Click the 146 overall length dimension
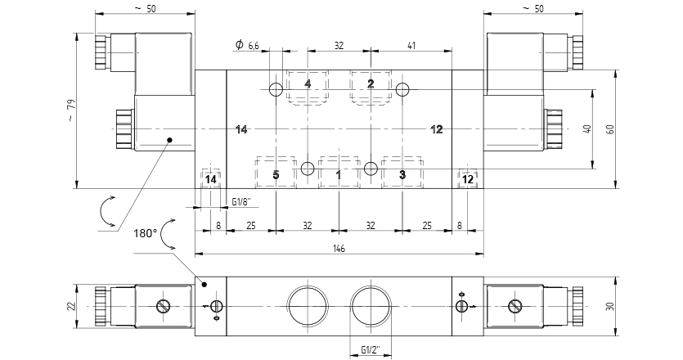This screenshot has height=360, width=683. pyautogui.click(x=339, y=249)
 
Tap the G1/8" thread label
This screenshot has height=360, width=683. pyautogui.click(x=241, y=202)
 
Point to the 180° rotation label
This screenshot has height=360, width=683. pyautogui.click(x=145, y=234)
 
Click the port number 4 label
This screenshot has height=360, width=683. pyautogui.click(x=308, y=83)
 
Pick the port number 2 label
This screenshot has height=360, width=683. pyautogui.click(x=371, y=83)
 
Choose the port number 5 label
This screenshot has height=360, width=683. pyautogui.click(x=276, y=175)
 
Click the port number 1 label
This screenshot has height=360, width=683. pyautogui.click(x=339, y=175)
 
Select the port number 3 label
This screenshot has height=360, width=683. pyautogui.click(x=402, y=175)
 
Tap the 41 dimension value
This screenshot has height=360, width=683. pyautogui.click(x=411, y=45)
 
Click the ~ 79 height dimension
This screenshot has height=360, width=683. pyautogui.click(x=72, y=110)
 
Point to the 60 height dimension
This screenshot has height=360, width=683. pyautogui.click(x=611, y=129)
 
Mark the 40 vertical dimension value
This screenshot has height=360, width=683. pyautogui.click(x=588, y=129)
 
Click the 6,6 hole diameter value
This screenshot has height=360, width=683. pyautogui.click(x=254, y=45)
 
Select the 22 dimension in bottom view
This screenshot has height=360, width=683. pyautogui.click(x=72, y=306)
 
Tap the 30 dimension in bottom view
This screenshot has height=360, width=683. pyautogui.click(x=611, y=306)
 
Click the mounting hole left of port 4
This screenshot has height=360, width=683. pyautogui.click(x=276, y=90)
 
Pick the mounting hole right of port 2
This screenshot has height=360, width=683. pyautogui.click(x=403, y=90)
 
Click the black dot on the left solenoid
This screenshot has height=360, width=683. pyautogui.click(x=170, y=140)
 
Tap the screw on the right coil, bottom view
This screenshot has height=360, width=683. pyautogui.click(x=514, y=306)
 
